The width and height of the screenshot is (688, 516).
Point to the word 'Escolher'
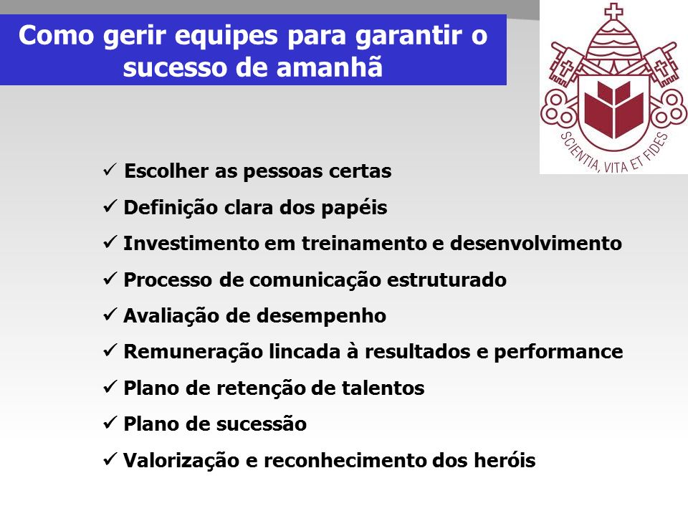point(166,171)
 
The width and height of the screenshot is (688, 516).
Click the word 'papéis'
point(354,208)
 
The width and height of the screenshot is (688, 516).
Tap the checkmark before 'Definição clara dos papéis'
point(110,206)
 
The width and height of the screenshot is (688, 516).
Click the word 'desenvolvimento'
point(536,244)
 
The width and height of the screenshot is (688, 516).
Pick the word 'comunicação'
point(314,280)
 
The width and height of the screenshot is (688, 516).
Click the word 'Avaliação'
point(171,316)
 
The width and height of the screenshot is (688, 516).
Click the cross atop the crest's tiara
point(613,11)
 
